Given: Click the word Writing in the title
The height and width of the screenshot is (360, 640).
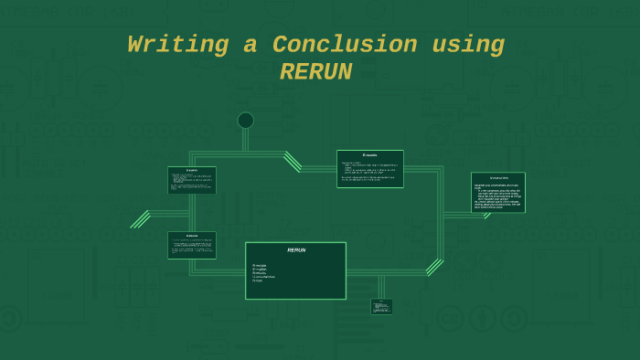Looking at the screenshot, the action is click(178, 45).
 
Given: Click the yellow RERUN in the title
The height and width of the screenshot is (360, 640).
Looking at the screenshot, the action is click(315, 72).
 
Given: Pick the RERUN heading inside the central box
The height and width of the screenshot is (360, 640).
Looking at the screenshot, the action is click(296, 249).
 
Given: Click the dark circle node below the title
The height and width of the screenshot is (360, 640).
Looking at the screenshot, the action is click(245, 121).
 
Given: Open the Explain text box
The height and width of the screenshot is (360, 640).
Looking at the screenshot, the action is click(192, 180).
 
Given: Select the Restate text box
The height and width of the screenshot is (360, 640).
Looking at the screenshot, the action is click(192, 245).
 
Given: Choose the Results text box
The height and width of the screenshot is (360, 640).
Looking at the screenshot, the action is click(369, 169).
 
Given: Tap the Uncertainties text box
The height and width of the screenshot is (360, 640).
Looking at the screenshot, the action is click(497, 193).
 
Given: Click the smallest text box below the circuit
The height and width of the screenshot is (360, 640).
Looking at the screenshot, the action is click(381, 307).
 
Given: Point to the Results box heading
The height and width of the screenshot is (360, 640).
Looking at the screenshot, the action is click(369, 155).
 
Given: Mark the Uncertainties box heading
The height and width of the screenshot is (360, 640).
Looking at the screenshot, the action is click(498, 177).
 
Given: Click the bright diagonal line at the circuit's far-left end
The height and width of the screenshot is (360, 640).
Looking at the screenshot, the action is click(141, 219).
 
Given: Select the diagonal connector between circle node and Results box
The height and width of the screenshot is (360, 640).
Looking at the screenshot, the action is click(293, 161).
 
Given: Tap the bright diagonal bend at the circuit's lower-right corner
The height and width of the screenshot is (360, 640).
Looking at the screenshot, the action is click(434, 267).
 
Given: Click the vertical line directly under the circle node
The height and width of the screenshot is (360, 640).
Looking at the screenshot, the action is click(245, 140).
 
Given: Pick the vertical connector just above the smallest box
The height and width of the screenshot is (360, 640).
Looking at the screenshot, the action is click(381, 287).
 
